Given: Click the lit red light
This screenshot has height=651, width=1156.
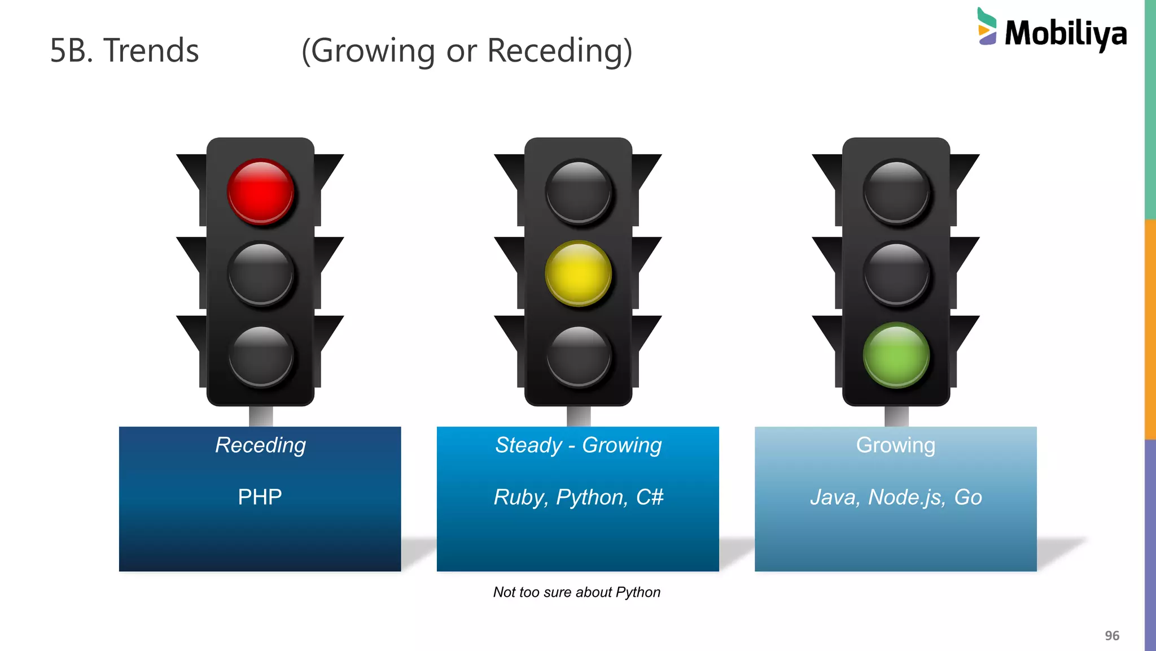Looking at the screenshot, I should click(x=261, y=192).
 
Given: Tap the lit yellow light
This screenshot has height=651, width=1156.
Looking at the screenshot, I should click(x=578, y=274).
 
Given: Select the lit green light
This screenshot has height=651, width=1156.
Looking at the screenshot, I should click(x=896, y=355).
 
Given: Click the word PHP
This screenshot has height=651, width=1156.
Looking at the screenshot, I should click(x=260, y=497).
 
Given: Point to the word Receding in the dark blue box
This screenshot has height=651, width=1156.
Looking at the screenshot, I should click(x=260, y=445).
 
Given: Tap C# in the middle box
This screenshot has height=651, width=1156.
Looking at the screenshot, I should click(x=650, y=497).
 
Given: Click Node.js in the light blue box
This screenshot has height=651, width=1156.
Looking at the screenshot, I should click(x=906, y=497).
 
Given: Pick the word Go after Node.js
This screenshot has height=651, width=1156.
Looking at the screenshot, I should click(x=968, y=497).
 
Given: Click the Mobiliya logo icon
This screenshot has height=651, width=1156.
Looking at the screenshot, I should click(x=987, y=27).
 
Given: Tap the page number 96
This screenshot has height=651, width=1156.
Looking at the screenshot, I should click(x=1111, y=636).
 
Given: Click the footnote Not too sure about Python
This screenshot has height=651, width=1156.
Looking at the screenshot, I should click(x=576, y=592).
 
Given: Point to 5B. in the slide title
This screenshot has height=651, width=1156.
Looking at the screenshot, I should click(x=71, y=50).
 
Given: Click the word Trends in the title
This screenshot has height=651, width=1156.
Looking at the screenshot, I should click(x=151, y=50).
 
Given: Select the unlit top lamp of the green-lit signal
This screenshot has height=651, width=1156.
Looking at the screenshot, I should click(x=896, y=192).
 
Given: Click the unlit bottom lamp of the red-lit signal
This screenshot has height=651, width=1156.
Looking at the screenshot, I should click(x=261, y=356).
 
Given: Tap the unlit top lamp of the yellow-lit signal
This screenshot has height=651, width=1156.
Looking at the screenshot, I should click(x=578, y=192).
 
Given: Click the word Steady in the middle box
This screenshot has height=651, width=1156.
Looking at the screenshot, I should click(x=528, y=445).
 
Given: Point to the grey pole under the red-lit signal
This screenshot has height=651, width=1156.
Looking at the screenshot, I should click(x=261, y=416).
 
